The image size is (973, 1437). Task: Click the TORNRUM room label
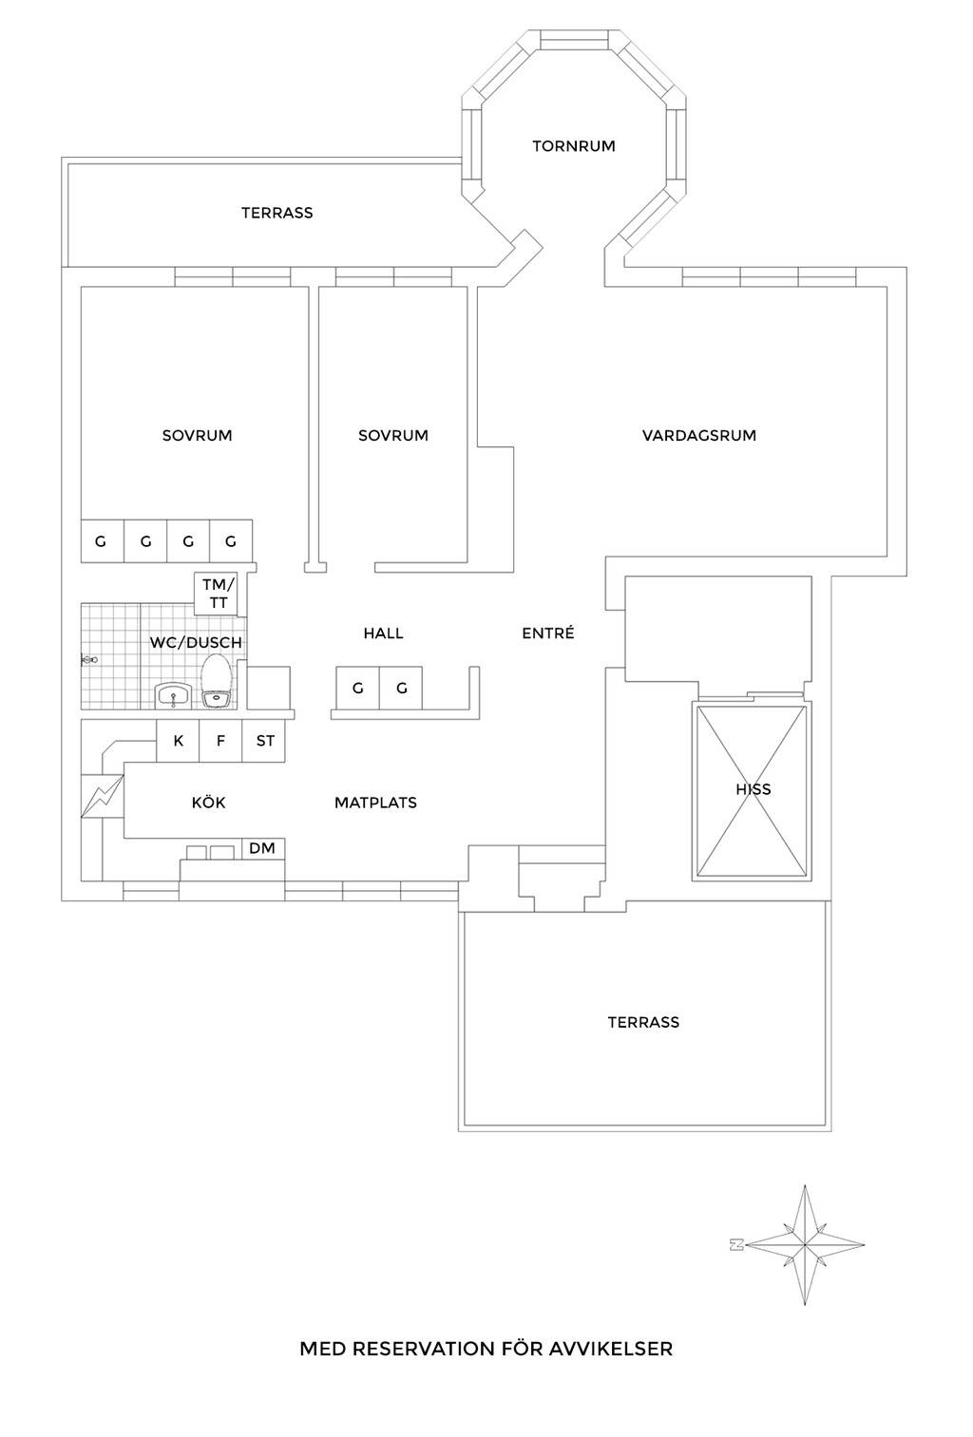click(574, 146)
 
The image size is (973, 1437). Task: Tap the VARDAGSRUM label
click(699, 436)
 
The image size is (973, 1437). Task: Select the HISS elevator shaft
click(752, 790)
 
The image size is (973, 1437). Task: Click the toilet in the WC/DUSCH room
click(218, 681)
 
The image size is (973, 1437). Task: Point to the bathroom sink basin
click(173, 695)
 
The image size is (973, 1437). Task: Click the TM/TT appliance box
click(217, 594)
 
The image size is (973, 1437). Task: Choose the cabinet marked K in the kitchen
click(178, 741)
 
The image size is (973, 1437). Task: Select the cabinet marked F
click(220, 741)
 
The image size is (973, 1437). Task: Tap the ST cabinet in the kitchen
click(264, 741)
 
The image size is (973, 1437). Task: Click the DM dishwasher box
click(263, 848)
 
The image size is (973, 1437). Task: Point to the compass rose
click(805, 1244)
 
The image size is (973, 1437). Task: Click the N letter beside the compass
click(736, 1244)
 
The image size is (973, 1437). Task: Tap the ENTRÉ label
click(547, 633)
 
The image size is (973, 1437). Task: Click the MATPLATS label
click(375, 803)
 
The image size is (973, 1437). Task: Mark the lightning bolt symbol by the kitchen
click(102, 796)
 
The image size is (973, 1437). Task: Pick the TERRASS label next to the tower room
click(277, 213)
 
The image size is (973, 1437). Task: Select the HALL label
click(383, 633)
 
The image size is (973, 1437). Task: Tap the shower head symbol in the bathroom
click(89, 659)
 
